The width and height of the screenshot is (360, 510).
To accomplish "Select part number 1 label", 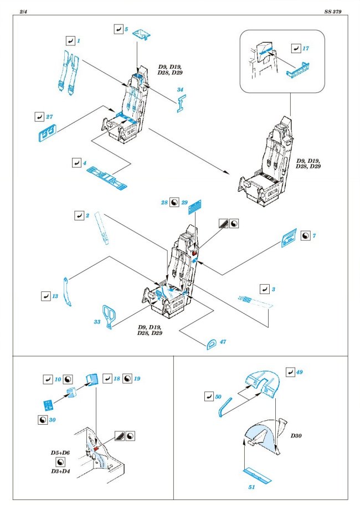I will [79, 41].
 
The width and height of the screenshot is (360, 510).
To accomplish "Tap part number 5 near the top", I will [127, 28].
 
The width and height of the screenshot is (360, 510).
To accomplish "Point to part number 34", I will [180, 90].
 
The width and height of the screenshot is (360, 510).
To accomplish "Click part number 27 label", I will [49, 117].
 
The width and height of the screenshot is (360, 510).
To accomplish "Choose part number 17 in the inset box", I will [306, 49].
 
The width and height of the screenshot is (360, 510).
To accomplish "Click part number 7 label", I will [314, 236].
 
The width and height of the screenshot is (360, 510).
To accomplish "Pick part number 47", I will [223, 342].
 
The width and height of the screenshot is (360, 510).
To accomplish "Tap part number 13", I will [55, 296].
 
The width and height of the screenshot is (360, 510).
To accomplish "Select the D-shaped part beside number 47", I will [211, 343].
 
